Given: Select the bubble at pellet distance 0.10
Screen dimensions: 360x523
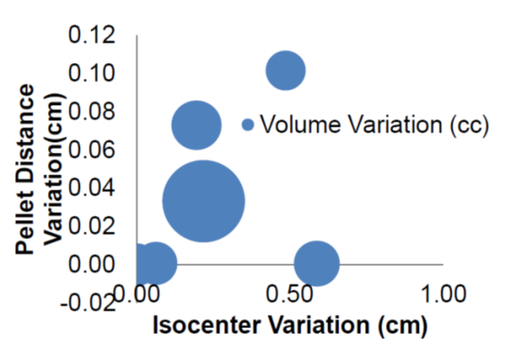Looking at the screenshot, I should click(285, 70).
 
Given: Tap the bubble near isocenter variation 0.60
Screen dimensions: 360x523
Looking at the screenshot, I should click(316, 263).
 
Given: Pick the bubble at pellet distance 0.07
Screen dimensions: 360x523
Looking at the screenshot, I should click(196, 125).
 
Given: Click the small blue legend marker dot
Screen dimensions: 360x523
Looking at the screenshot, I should click(248, 124).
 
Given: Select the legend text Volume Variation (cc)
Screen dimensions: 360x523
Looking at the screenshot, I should click(374, 124).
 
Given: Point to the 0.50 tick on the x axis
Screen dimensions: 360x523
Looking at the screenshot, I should click(289, 294).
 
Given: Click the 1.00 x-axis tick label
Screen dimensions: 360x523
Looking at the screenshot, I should click(442, 294).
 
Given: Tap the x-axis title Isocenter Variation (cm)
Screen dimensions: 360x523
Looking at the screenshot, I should click(290, 324).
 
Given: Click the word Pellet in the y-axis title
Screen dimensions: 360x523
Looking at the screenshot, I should click(29, 222).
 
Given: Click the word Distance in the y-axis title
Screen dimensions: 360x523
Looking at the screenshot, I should click(29, 138).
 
